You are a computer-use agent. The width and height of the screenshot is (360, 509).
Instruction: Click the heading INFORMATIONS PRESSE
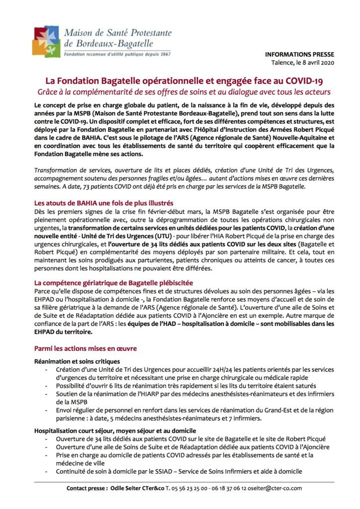tap(300, 54)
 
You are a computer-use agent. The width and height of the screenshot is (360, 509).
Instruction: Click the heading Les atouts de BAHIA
tap(103, 203)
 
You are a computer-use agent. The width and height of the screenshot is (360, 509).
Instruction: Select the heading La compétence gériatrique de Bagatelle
tap(113, 283)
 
